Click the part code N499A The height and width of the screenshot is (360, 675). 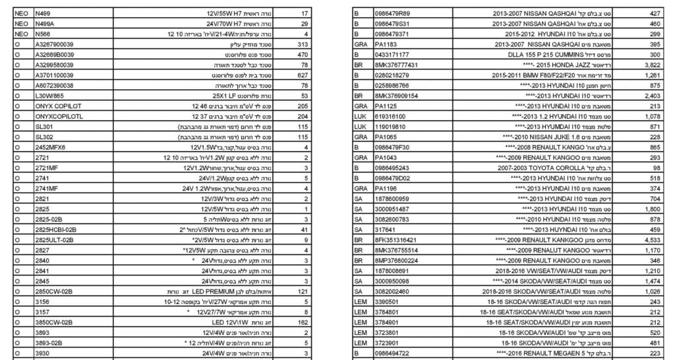(x=45, y=23)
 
